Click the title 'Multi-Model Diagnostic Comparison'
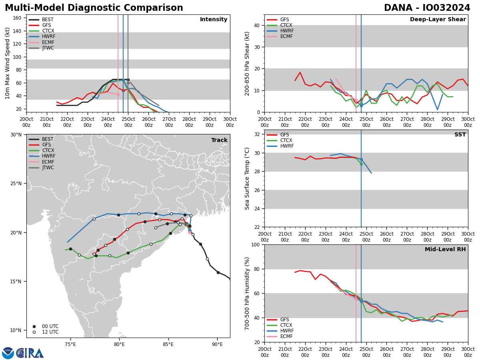tap(94, 8)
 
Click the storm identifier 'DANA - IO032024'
tap(427, 8)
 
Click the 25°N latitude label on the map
tap(16, 184)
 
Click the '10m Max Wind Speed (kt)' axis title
tap(8, 63)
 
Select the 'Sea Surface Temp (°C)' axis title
tap(247, 178)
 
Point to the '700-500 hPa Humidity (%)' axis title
tap(247, 293)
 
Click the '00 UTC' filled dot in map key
tap(34, 326)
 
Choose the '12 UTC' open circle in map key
tap(34, 332)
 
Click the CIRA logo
tap(23, 353)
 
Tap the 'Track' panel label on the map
tap(219, 140)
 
